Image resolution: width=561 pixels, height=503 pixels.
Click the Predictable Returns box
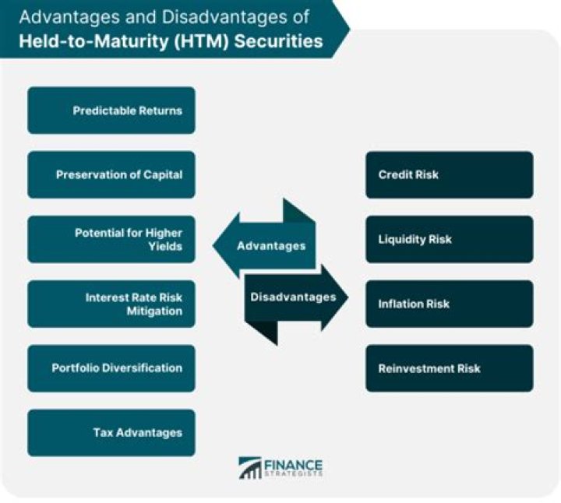click(x=111, y=111)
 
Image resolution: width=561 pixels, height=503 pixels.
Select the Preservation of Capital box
click(x=111, y=175)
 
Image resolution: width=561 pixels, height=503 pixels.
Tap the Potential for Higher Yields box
click(x=111, y=239)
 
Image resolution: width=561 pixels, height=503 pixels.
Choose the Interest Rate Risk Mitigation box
click(x=111, y=304)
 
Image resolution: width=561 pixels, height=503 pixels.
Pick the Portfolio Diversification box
click(x=111, y=368)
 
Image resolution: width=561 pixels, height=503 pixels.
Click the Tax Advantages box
click(x=111, y=432)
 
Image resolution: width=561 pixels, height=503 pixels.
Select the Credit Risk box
click(x=450, y=175)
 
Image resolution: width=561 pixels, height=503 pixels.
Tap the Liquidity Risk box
click(x=450, y=239)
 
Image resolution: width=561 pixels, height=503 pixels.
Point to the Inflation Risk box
click(x=450, y=304)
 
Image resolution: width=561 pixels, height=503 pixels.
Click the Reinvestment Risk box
click(x=450, y=368)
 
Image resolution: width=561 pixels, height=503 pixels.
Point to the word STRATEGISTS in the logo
click(x=293, y=475)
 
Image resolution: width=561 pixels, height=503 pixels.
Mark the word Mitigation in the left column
click(x=156, y=311)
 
